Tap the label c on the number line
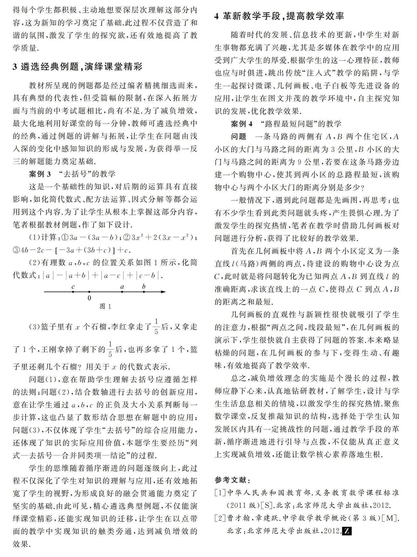[x=73, y=286]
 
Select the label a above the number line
[x=122, y=287]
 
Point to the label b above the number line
[x=143, y=286]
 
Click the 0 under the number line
[x=89, y=298]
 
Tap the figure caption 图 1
[x=105, y=307]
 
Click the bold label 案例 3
[x=40, y=174]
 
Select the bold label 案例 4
[x=242, y=124]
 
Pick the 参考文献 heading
[x=233, y=481]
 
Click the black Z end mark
[x=347, y=531]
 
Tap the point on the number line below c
[x=73, y=292]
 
